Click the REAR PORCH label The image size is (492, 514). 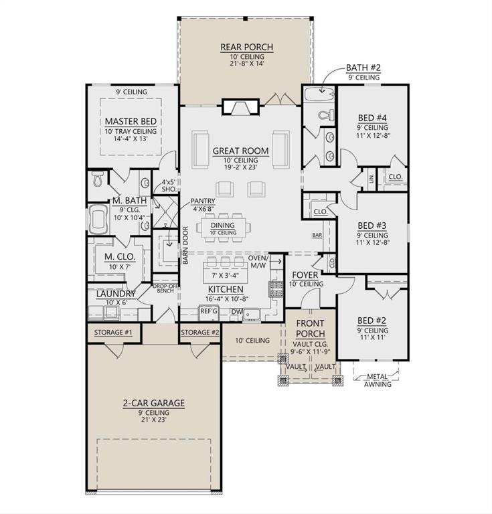click(x=246, y=47)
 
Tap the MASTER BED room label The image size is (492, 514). click(x=131, y=121)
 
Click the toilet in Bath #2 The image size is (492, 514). click(x=325, y=114)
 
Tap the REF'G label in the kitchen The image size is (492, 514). click(x=210, y=311)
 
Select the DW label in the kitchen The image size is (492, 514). click(x=235, y=311)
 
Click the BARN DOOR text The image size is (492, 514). click(x=185, y=246)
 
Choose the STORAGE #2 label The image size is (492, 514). click(x=200, y=332)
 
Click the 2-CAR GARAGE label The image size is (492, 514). click(x=153, y=403)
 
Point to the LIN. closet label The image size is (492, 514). click(x=371, y=178)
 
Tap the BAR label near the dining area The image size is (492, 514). click(x=317, y=235)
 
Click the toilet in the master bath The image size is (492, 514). click(x=97, y=179)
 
